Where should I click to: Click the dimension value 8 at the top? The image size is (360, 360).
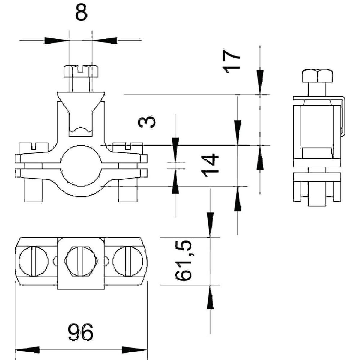(x=81, y=13)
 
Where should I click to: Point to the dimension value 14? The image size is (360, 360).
(x=210, y=165)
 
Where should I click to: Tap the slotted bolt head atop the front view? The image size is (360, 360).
(x=81, y=71)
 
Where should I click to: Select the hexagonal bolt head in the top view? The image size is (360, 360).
(x=80, y=261)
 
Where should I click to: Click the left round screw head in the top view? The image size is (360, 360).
(x=33, y=261)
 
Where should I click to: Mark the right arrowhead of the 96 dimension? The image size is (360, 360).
(x=134, y=350)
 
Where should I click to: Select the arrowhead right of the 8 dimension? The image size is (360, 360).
(x=105, y=40)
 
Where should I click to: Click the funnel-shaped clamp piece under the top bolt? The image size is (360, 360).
(x=81, y=102)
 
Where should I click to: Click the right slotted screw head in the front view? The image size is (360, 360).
(x=128, y=147)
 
